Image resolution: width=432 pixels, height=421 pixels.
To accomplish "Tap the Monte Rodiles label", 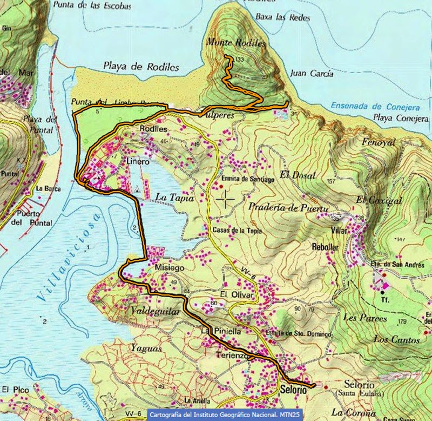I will (236, 42).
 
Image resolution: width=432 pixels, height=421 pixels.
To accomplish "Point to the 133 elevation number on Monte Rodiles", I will (240, 59).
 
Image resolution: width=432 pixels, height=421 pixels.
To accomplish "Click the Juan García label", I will (312, 74).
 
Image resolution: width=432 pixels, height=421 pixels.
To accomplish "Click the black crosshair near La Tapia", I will (225, 200).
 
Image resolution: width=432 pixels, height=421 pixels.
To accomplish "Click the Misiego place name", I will (170, 268).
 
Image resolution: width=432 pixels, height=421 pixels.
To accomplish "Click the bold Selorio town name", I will (294, 389).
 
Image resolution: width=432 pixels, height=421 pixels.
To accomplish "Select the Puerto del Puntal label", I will (35, 218).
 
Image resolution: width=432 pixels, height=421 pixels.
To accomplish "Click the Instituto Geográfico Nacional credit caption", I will (225, 415).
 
